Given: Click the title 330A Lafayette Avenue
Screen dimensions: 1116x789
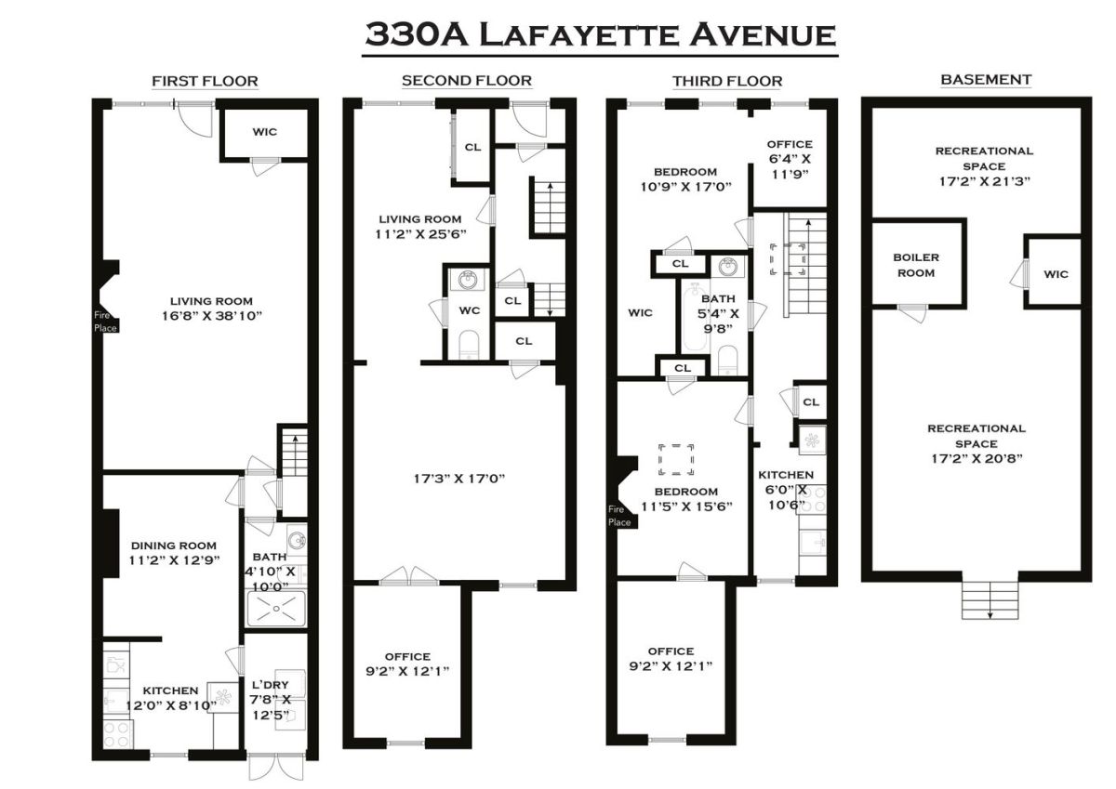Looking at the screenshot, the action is pyautogui.click(x=600, y=34).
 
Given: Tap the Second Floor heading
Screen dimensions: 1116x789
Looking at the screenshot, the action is pyautogui.click(x=467, y=81).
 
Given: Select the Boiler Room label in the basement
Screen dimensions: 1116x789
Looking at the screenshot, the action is pyautogui.click(x=916, y=265).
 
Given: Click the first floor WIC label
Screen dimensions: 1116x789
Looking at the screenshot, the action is pyautogui.click(x=264, y=132).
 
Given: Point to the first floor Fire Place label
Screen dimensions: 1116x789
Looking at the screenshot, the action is pyautogui.click(x=105, y=321).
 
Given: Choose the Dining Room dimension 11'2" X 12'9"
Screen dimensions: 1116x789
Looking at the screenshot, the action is pyautogui.click(x=174, y=560).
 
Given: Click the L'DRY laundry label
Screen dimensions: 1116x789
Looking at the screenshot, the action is pyautogui.click(x=270, y=685).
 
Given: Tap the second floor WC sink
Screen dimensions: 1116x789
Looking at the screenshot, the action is pyautogui.click(x=467, y=281).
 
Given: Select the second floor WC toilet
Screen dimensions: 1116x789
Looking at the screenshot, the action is pyautogui.click(x=468, y=345).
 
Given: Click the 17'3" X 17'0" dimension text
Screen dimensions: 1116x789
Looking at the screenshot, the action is pyautogui.click(x=458, y=479).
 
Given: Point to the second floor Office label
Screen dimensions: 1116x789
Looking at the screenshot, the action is pyautogui.click(x=407, y=657).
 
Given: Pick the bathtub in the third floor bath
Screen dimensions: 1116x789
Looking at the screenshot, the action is pyautogui.click(x=695, y=316).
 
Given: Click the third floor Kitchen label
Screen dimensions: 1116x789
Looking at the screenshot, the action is pyautogui.click(x=786, y=475).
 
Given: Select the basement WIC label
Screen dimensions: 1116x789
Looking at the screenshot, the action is pyautogui.click(x=1056, y=274).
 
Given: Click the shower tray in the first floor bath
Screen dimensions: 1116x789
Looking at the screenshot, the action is pyautogui.click(x=275, y=608).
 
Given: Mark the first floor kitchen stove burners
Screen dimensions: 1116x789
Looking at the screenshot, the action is pyautogui.click(x=116, y=735).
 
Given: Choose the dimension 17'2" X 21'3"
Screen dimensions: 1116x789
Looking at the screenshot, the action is pyautogui.click(x=985, y=181).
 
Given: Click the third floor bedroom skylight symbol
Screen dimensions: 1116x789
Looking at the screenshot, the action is pyautogui.click(x=675, y=459).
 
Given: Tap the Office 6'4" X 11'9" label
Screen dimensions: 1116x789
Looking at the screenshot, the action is pyautogui.click(x=790, y=159).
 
